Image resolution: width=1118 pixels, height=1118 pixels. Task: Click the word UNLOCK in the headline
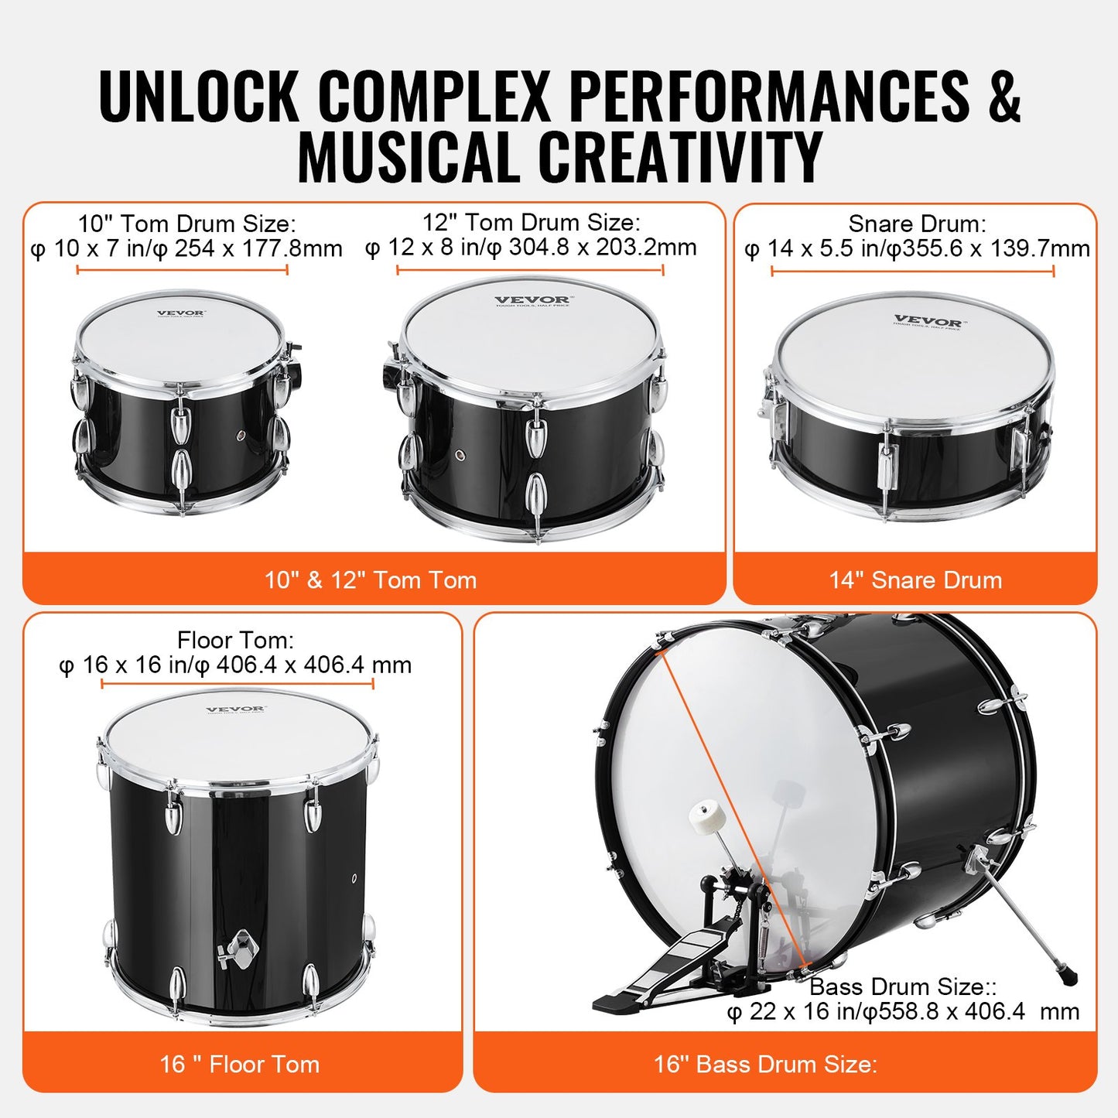199,96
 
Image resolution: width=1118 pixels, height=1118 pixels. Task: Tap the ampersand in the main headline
1003,96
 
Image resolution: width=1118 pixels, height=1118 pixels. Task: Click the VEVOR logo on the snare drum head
928,321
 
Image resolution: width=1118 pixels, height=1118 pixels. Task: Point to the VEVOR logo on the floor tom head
235,709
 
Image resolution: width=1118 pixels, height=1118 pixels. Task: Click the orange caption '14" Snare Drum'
915,580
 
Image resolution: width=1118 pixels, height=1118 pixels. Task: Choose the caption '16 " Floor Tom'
240,1065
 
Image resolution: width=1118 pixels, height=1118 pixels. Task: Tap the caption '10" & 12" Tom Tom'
371,580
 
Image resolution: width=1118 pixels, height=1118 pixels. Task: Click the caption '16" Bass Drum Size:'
765,1065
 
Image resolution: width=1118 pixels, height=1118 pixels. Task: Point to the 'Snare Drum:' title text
917,224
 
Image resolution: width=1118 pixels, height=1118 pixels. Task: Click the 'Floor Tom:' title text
235,640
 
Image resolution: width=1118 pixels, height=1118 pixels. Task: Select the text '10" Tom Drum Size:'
186,224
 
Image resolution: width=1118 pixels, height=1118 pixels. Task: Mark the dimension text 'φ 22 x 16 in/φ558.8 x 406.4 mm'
903,1012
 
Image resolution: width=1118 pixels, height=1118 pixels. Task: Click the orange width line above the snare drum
912,271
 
